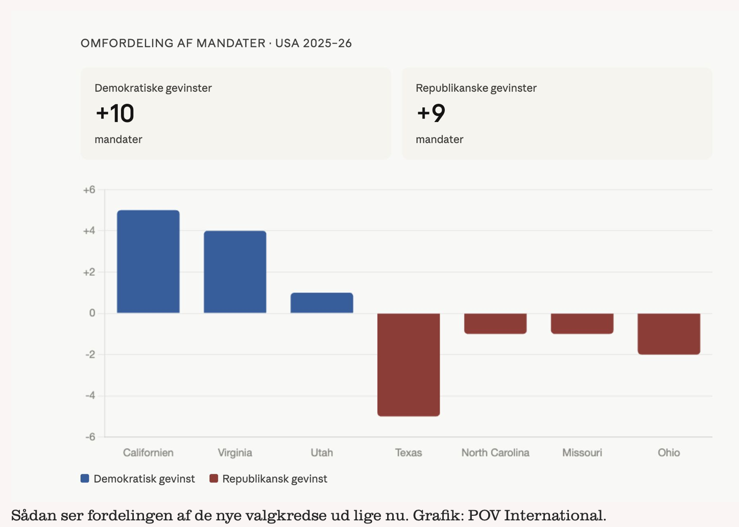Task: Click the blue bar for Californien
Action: (148, 261)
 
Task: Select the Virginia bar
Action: (235, 272)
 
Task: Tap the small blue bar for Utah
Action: (322, 303)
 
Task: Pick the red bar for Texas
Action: (409, 365)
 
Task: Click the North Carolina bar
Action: (495, 323)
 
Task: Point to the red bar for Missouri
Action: (582, 323)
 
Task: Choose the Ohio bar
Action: (669, 333)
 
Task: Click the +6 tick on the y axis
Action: (89, 190)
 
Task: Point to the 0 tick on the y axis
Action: (92, 313)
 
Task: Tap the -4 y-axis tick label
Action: (90, 396)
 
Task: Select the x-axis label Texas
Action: (409, 452)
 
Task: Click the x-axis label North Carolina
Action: (495, 452)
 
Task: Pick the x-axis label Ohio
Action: (669, 452)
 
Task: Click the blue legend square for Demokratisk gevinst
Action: (85, 478)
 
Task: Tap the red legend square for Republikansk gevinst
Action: (214, 478)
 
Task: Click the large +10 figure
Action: (115, 113)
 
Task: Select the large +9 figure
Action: (431, 113)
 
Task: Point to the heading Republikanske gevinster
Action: (476, 88)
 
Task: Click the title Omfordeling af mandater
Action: (173, 43)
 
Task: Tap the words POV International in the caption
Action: (536, 515)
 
